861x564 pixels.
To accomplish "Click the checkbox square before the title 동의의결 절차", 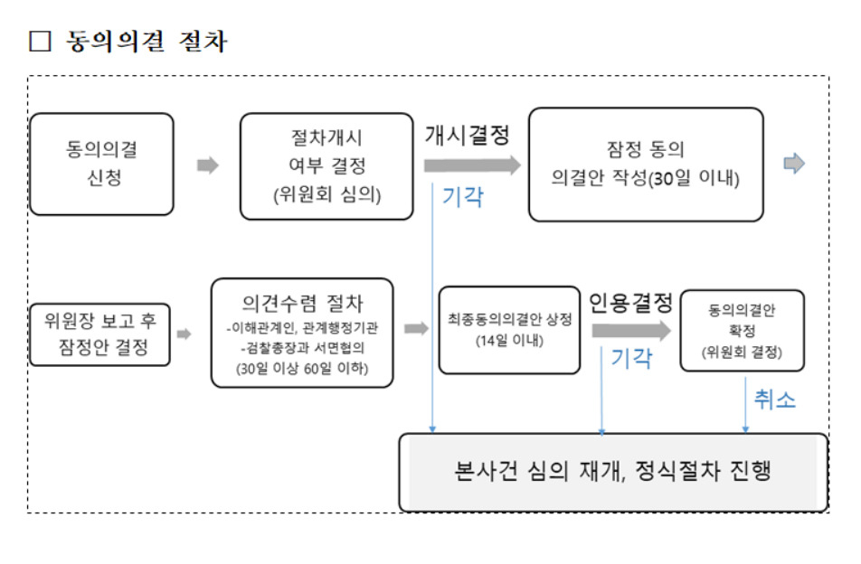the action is tap(40, 42).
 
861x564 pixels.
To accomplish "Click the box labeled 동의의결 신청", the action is tap(101, 164).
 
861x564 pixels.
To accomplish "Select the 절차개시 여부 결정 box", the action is tap(326, 166).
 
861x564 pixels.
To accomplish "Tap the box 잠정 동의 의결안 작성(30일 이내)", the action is tap(646, 164).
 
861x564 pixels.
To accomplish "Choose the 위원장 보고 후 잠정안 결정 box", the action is tap(99, 334).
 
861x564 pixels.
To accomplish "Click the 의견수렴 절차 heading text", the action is tap(303, 303).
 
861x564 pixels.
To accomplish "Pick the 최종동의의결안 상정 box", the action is tap(509, 330).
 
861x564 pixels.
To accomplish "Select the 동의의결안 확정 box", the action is tap(743, 331).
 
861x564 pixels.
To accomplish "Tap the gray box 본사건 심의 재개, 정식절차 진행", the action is tap(613, 473).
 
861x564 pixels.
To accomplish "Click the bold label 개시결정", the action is tap(468, 135).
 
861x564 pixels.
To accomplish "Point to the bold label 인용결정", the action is tap(631, 302).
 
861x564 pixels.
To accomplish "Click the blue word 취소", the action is tap(775, 399).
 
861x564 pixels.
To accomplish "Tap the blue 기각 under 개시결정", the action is tap(463, 196).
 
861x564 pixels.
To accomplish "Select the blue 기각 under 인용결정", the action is tap(631, 358).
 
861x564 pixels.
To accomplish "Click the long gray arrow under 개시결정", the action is tap(472, 165).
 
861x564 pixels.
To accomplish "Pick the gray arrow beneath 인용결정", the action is tap(631, 330).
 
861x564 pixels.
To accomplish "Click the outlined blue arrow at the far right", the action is tap(794, 163).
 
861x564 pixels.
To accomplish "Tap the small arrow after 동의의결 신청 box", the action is tap(208, 165).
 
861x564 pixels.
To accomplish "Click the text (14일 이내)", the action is tap(509, 341).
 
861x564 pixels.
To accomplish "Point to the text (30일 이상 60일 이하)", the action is tap(302, 368).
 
